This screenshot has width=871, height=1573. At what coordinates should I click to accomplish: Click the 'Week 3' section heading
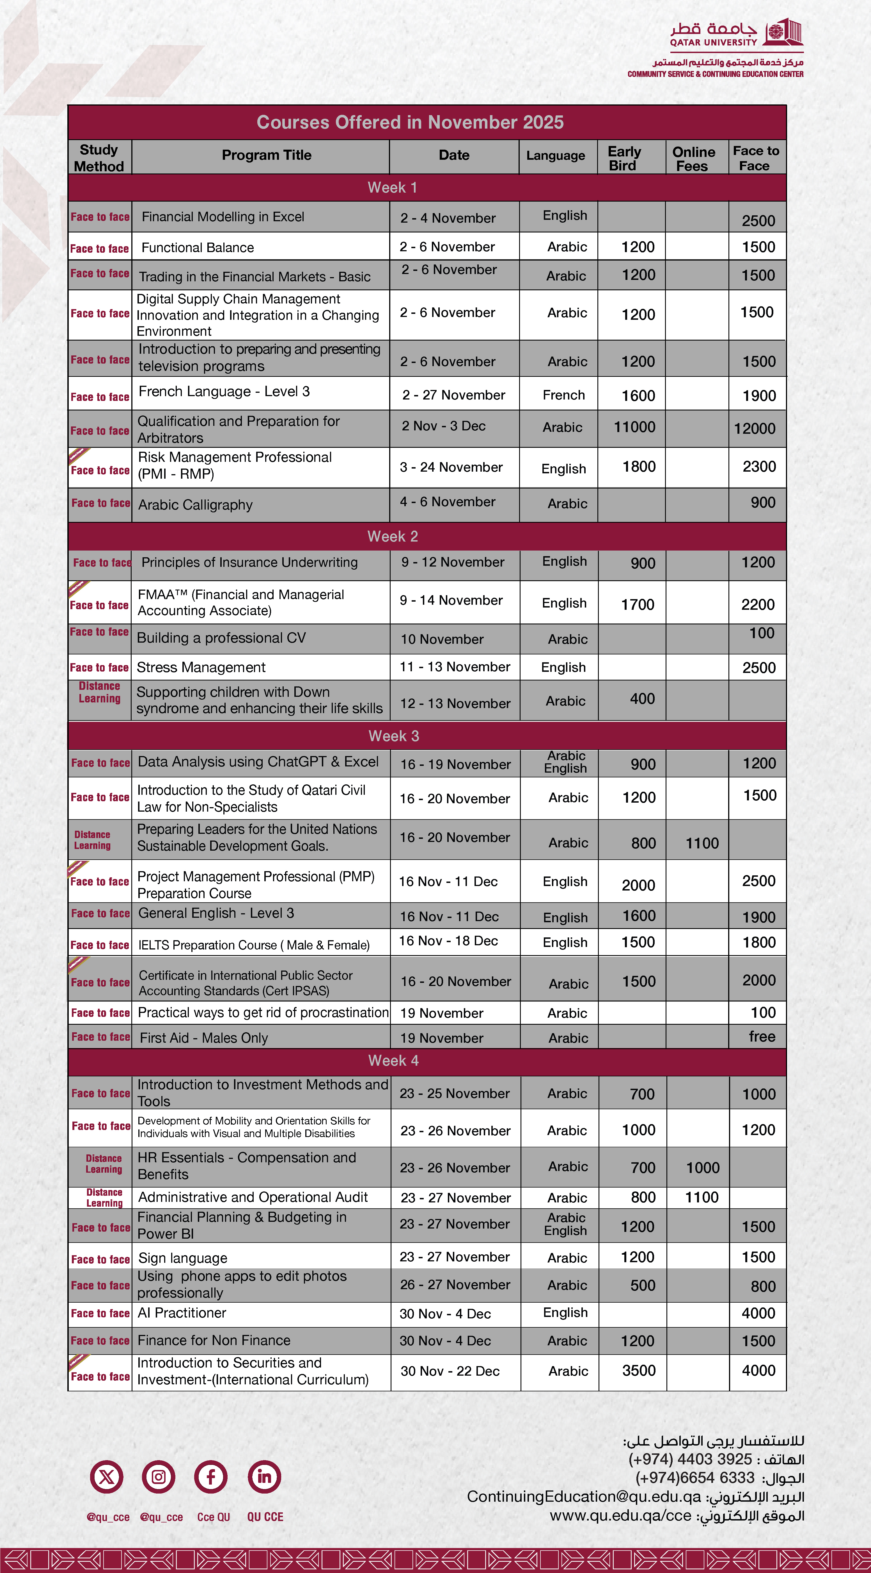point(394,736)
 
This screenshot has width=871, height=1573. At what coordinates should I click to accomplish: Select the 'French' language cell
point(563,395)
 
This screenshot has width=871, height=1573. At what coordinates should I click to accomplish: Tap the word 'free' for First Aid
point(762,1036)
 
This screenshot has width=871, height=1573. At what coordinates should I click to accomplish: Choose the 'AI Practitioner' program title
point(182,1313)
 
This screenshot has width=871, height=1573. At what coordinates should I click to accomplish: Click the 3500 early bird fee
point(638,1371)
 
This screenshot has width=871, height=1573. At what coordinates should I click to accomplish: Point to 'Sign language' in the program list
point(182,1258)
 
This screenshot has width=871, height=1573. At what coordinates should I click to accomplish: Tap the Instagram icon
point(159,1477)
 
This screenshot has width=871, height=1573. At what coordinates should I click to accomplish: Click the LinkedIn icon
point(264,1477)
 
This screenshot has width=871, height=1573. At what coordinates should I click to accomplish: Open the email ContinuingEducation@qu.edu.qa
point(583,1497)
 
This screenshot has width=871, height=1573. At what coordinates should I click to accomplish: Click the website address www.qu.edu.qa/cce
point(620,1516)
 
